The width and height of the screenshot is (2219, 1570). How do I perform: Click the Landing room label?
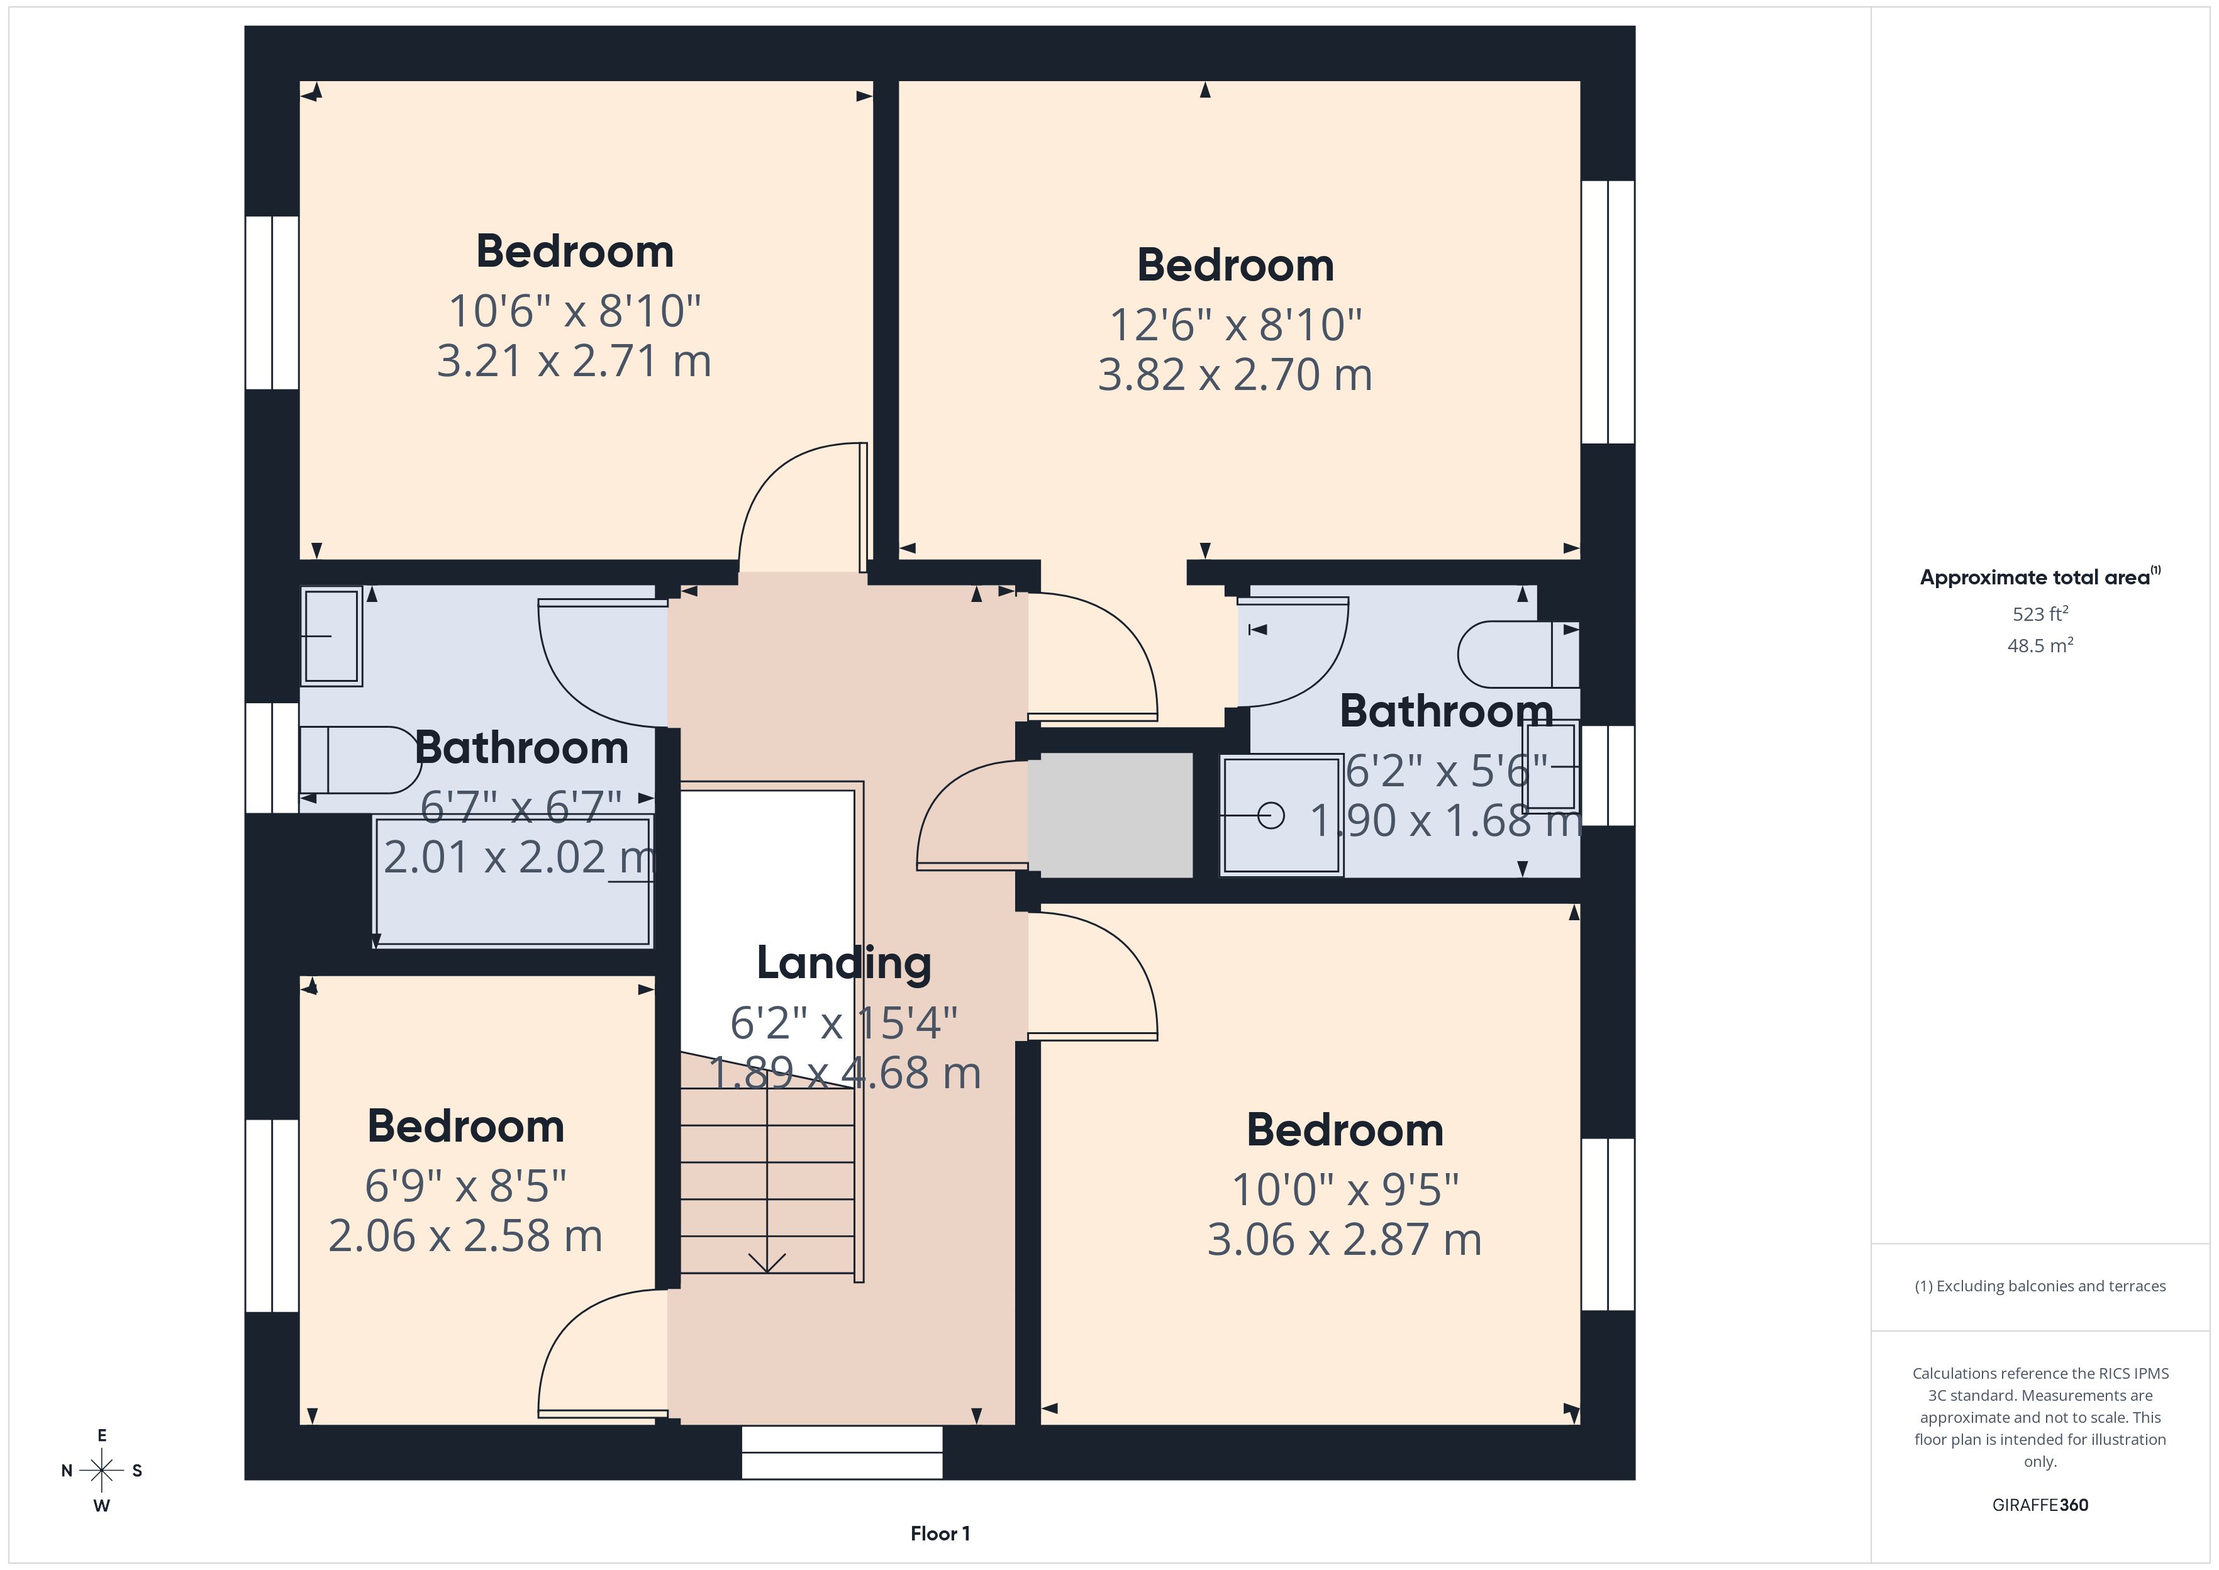pos(843,963)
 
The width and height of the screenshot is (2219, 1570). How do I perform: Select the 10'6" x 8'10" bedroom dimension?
pos(574,311)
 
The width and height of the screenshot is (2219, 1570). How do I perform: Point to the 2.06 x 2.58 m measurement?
pos(466,1235)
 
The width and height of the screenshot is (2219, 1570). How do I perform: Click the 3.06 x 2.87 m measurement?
pos(1344,1239)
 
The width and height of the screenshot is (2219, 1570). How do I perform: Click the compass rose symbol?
pos(101,1471)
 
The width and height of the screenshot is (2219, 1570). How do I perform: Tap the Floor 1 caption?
pos(940,1534)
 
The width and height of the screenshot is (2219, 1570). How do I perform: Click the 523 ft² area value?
pos(2040,614)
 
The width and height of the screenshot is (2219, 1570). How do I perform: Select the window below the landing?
pos(842,1452)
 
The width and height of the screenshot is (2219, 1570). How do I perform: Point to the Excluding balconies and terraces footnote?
pos(2040,1286)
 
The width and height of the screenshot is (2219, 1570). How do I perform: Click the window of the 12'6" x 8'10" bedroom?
pos(1608,312)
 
